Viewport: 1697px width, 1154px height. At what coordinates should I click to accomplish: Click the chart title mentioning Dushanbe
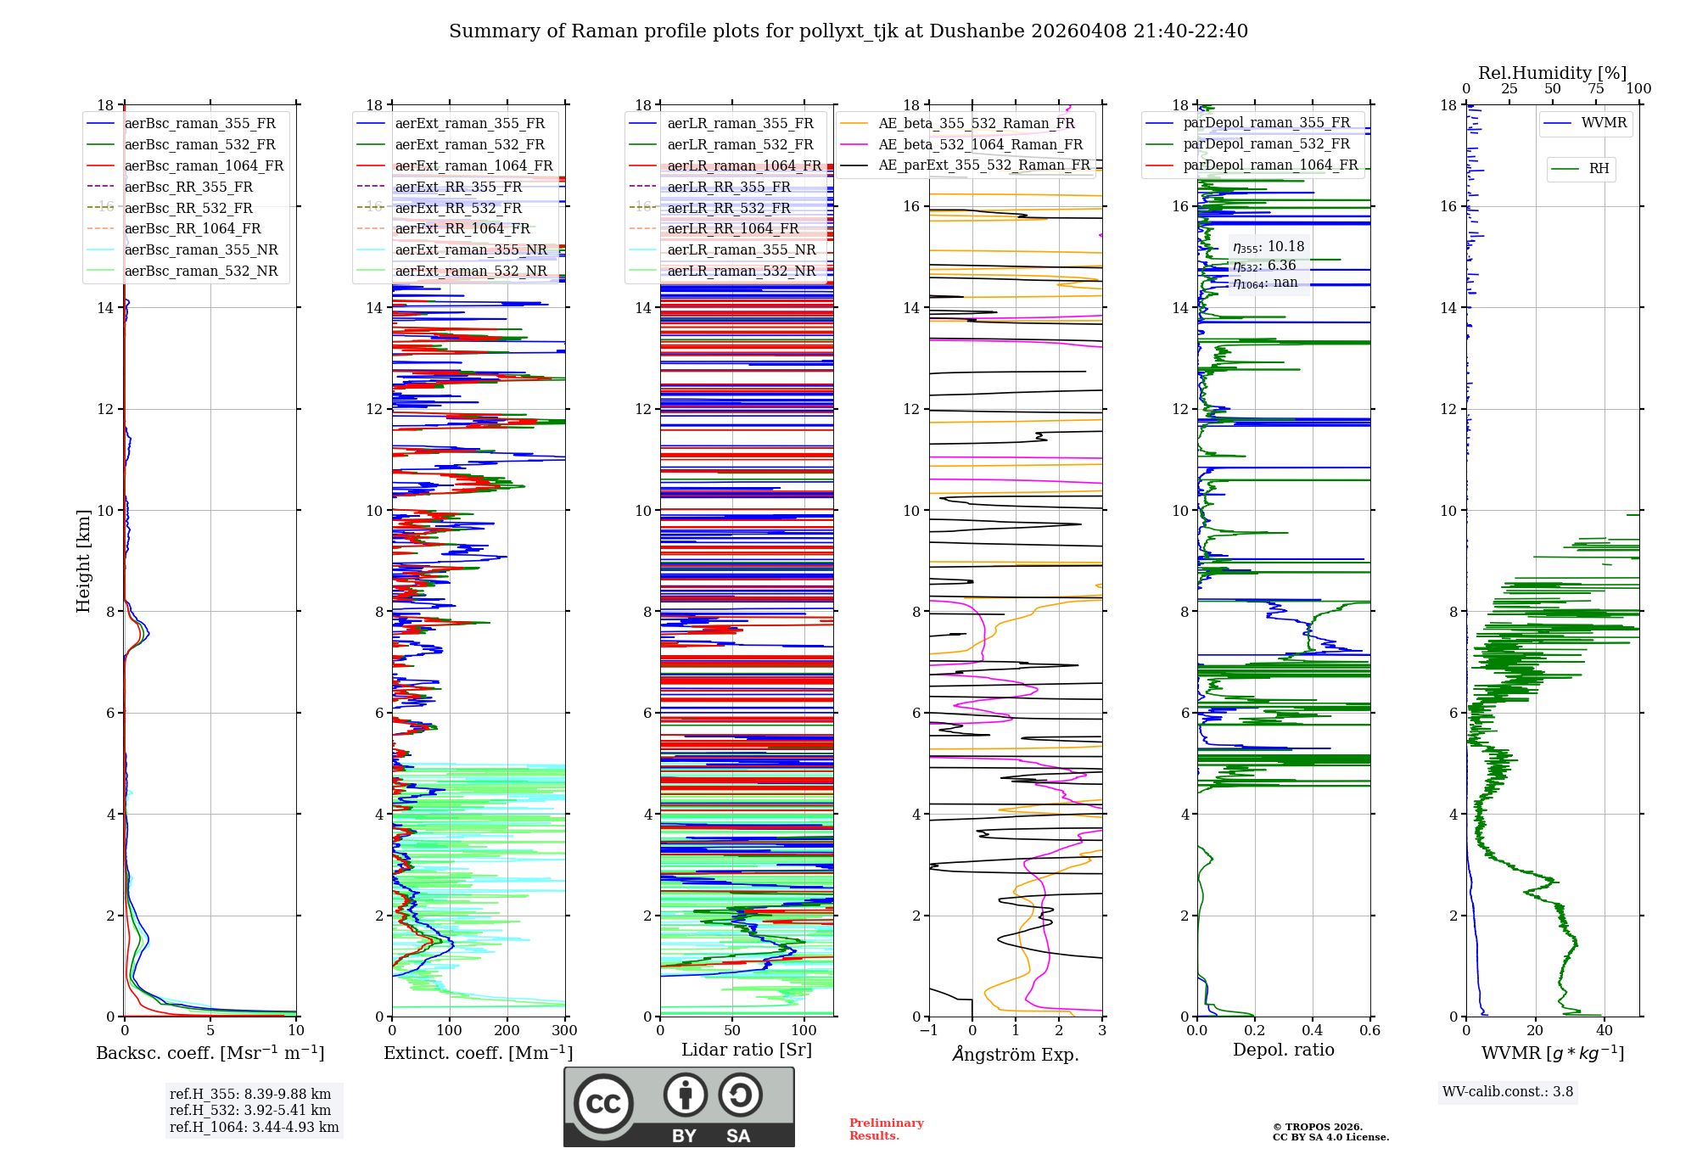coord(848,31)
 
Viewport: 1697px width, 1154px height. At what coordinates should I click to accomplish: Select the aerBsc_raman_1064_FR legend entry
coord(204,165)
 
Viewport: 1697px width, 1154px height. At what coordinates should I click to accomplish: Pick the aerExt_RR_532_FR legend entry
coord(458,208)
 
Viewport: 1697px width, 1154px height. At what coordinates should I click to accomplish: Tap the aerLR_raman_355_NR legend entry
coord(741,249)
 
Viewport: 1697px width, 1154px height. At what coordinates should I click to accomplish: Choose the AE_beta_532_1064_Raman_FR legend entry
coord(980,144)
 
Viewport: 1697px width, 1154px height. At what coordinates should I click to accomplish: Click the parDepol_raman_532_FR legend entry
coord(1266,143)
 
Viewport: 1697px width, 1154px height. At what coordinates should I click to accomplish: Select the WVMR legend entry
coord(1604,123)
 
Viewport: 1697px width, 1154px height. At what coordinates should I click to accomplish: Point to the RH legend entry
coord(1599,169)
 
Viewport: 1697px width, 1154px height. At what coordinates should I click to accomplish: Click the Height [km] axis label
coord(83,560)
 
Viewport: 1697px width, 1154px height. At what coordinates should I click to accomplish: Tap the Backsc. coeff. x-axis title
coord(210,1053)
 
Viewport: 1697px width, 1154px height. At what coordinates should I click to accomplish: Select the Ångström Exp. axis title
coord(1016,1055)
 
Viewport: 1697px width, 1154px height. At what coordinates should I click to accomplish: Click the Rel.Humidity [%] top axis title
coord(1552,73)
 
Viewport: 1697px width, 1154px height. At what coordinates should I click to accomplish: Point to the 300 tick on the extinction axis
coord(564,1031)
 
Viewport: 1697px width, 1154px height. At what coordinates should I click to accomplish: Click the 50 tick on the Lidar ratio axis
coord(732,1031)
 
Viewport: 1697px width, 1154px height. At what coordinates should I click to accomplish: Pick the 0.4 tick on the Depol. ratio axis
coord(1312,1031)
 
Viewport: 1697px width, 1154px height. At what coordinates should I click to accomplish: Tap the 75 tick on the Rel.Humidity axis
coord(1596,89)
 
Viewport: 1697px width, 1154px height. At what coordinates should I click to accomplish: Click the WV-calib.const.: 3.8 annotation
coord(1507,1092)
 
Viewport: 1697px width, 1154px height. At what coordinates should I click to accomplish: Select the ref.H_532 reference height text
coord(250,1110)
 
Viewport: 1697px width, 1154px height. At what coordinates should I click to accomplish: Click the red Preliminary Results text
coord(886,1129)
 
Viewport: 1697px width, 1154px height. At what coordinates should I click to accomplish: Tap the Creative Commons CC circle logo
coord(603,1104)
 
